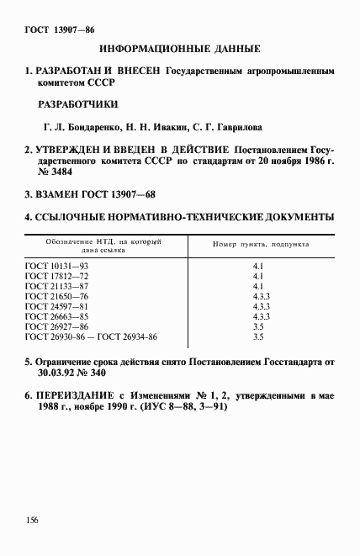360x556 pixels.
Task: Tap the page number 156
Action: (32, 521)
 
